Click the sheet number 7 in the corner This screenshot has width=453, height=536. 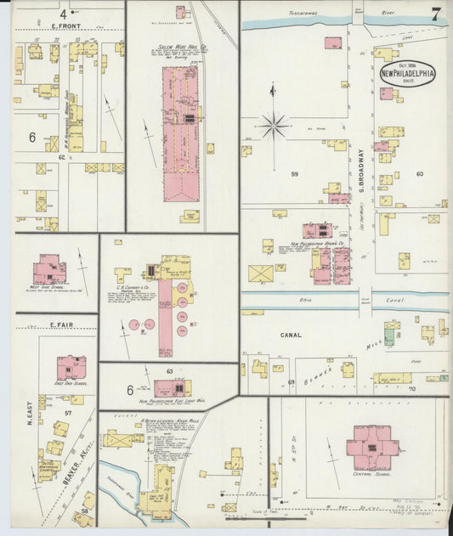coord(434,14)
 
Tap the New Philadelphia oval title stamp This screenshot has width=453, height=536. coord(407,74)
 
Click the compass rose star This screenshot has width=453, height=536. coord(273,127)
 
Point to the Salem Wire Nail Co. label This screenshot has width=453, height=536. coord(178,48)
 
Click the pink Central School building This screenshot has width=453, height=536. coord(371,448)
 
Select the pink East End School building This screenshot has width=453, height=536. coord(71,368)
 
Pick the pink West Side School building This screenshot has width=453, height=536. coord(49,270)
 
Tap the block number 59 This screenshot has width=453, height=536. coord(295,174)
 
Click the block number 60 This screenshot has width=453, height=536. coord(419,173)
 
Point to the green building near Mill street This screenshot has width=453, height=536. coord(388,337)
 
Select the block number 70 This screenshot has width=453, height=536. coord(412,388)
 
